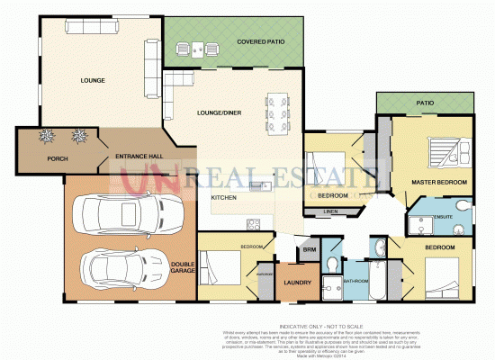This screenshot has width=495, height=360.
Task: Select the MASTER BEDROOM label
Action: click(438, 183)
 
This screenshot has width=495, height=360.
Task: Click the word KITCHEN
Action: click(223, 197)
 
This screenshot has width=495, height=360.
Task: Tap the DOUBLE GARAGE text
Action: click(183, 266)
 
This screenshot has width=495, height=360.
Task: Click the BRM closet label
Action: click(309, 249)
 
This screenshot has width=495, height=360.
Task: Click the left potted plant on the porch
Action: click(47, 137)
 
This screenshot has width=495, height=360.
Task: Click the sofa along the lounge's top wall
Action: click(88, 30)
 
